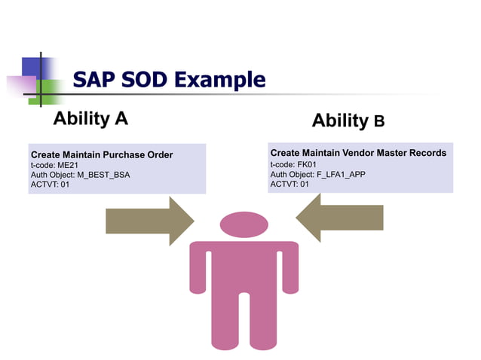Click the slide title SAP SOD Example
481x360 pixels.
coord(169,80)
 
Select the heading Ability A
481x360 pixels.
coord(90,118)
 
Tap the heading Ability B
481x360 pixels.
coord(348,121)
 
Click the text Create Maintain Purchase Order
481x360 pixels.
coord(102,154)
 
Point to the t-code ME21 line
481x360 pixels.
coord(55,165)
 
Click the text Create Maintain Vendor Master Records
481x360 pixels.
coord(358,153)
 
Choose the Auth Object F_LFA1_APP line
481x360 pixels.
coord(317,173)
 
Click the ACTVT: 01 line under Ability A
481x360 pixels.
coord(50,185)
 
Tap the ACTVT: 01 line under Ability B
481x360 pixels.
coord(290,183)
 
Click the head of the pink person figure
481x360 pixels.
coord(244,224)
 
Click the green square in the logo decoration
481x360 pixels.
coord(47,91)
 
